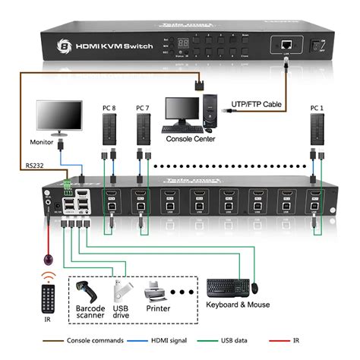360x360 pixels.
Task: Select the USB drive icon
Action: click(122, 292)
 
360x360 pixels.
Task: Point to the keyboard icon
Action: click(226, 288)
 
